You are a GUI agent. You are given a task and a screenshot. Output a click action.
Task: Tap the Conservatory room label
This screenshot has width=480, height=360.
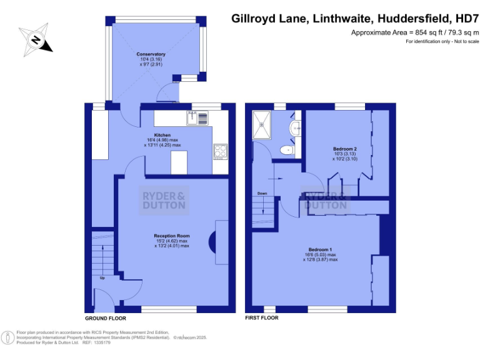click(151, 54)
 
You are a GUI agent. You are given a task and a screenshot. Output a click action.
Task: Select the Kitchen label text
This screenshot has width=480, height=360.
click(162, 134)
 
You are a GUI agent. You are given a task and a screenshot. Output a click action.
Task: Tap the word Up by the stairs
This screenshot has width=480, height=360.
click(101, 278)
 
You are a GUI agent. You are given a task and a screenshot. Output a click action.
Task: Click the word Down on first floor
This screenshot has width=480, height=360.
click(262, 194)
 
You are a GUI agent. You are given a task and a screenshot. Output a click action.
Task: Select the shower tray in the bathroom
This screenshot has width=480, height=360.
click(262, 124)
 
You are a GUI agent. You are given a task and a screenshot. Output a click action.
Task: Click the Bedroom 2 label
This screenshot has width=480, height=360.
click(344, 149)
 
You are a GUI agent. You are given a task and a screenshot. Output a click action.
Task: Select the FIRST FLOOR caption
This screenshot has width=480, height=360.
click(262, 318)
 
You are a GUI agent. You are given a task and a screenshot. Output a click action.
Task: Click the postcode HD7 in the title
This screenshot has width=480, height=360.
click(464, 19)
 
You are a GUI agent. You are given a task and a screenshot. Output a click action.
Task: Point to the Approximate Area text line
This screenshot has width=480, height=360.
click(414, 32)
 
